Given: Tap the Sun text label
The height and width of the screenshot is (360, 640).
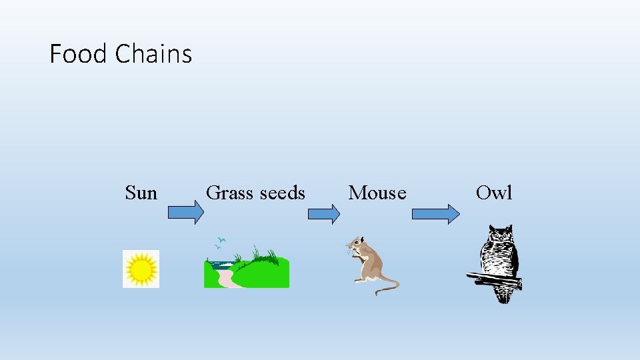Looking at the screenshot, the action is click(141, 193).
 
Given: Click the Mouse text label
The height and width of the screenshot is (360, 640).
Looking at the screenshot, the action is click(377, 193).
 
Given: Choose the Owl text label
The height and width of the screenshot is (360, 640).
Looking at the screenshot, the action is click(494, 193).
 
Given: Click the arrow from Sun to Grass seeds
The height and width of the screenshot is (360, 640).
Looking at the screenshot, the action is click(185, 213).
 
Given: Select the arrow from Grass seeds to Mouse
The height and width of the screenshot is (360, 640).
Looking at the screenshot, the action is click(323, 213).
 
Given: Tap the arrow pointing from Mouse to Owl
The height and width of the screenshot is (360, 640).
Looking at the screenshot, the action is click(435, 213).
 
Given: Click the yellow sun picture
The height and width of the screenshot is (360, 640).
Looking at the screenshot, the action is click(141, 269).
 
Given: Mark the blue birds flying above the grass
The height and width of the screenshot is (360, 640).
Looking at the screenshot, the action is click(221, 242).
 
